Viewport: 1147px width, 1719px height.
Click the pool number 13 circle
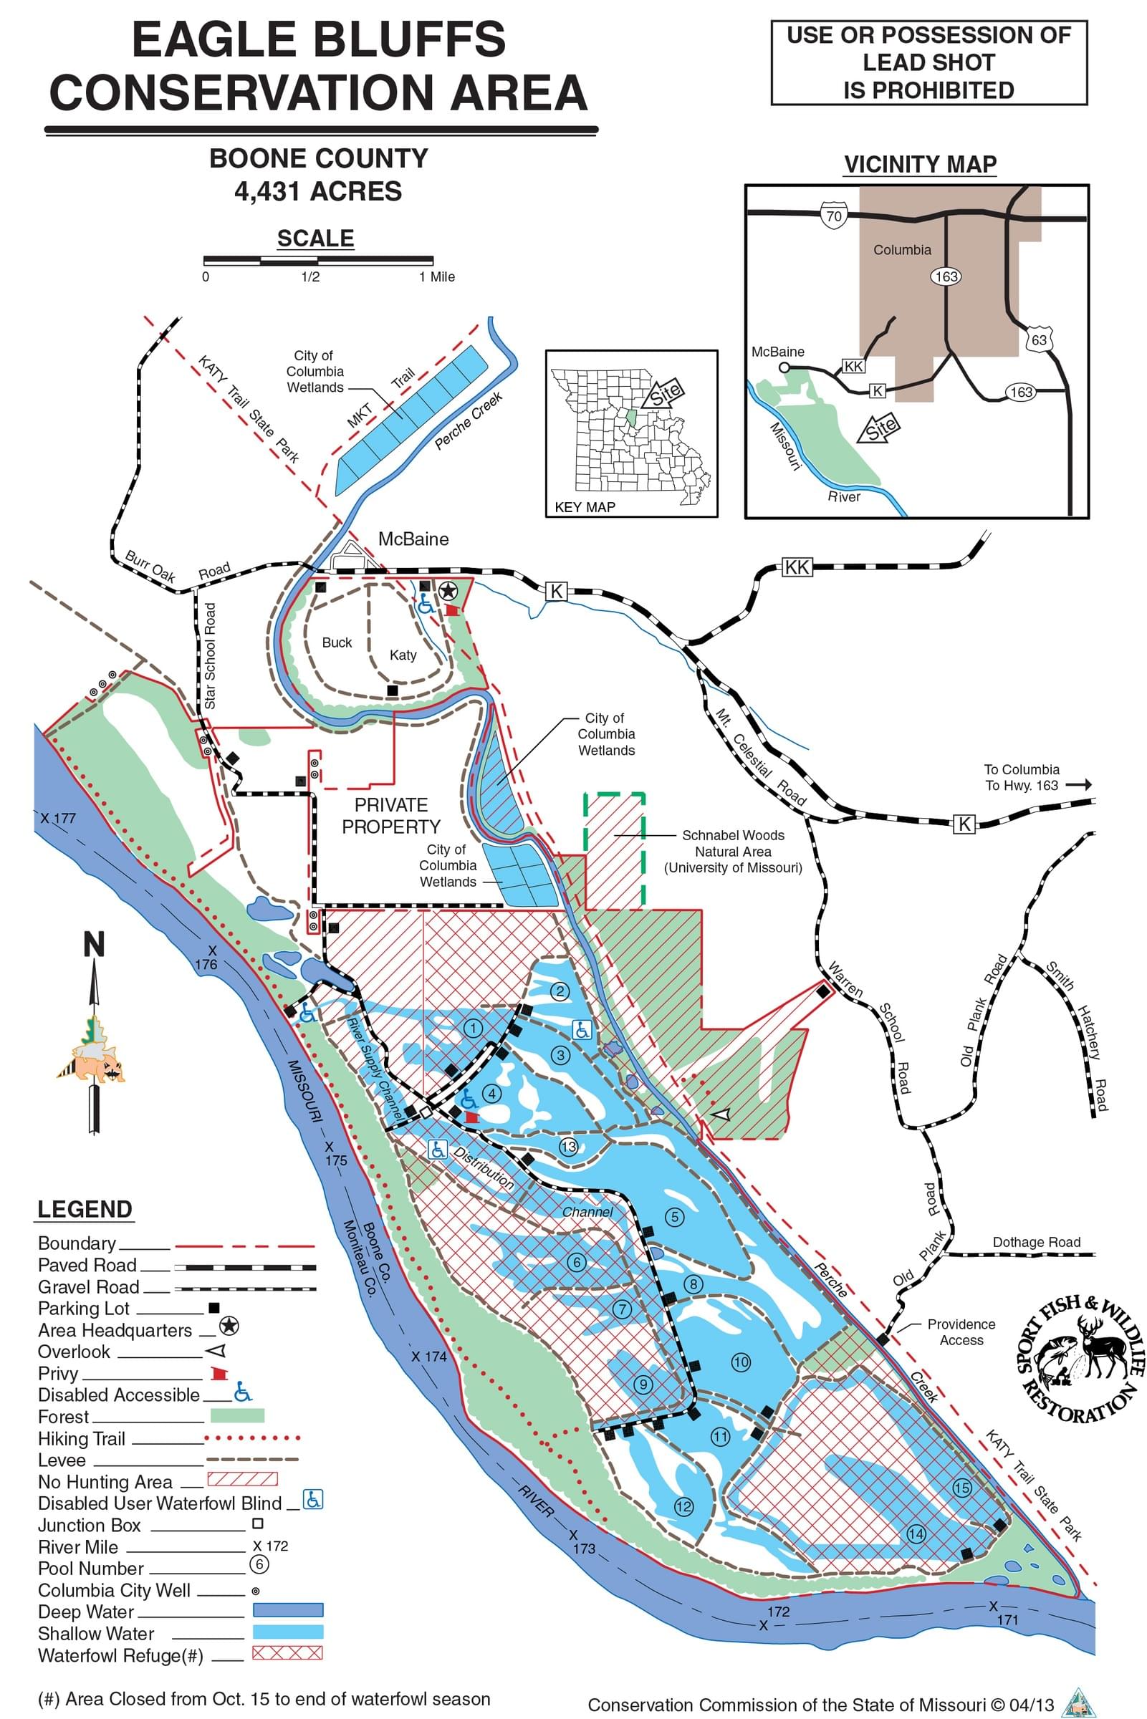(x=568, y=1147)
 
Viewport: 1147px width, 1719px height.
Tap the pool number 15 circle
(x=961, y=1487)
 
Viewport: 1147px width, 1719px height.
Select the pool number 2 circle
(x=560, y=991)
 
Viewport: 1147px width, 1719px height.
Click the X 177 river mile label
(x=58, y=818)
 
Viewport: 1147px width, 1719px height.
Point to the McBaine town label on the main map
(x=413, y=539)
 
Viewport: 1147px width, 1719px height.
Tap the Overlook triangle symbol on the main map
(x=722, y=1114)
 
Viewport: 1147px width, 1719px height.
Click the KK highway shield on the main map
(x=797, y=567)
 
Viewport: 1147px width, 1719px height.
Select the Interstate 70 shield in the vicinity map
(x=834, y=215)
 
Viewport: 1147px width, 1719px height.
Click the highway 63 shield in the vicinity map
(x=1039, y=340)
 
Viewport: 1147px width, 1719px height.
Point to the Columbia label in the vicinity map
(x=902, y=249)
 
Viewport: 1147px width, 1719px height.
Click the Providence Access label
(x=961, y=1332)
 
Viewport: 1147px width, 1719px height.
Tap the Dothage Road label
(x=1036, y=1242)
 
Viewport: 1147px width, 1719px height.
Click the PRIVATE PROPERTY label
(x=391, y=816)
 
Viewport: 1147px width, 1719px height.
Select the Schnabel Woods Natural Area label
(x=733, y=851)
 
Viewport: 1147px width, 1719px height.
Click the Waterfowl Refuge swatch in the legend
(x=287, y=1653)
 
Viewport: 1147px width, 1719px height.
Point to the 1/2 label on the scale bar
(x=310, y=277)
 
